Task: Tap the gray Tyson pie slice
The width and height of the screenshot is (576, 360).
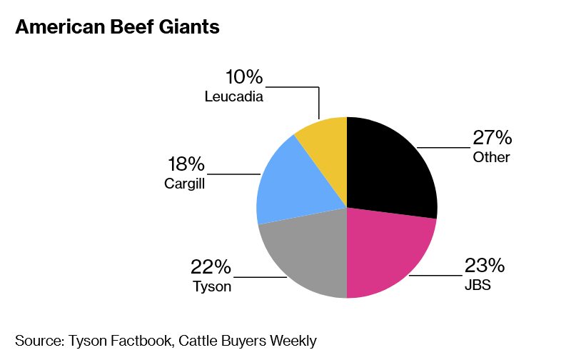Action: coord(303,257)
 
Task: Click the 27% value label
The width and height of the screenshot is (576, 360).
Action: coord(492,138)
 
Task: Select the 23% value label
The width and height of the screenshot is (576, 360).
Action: coord(485,266)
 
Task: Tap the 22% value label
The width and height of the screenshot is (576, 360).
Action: coord(211,268)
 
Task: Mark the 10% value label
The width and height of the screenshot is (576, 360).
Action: coord(244,77)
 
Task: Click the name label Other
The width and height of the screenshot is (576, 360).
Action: coord(491,157)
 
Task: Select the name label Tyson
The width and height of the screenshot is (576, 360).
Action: coord(212,287)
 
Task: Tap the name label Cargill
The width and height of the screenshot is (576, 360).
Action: coord(185,184)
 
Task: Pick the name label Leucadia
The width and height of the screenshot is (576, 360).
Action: coord(234,96)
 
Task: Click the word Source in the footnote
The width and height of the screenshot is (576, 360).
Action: coord(37,341)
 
